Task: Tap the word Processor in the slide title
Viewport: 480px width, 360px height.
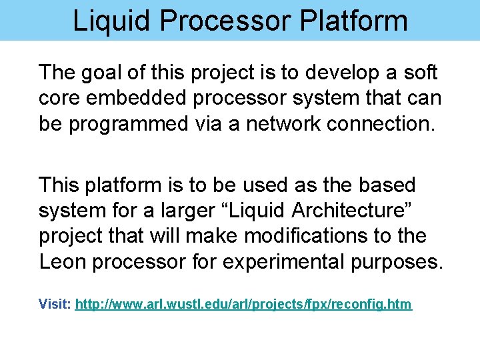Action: pos(223,20)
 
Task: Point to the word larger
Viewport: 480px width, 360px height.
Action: pos(182,211)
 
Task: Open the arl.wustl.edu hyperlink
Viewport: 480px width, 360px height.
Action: pos(243,305)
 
